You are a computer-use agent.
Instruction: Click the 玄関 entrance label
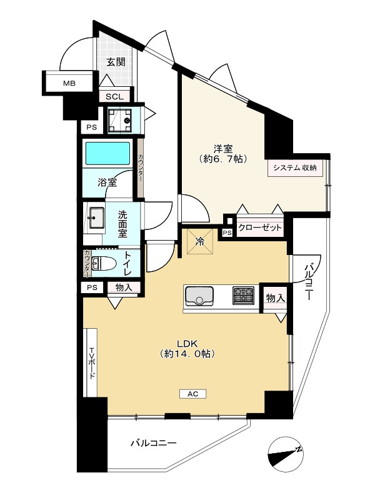point(116,62)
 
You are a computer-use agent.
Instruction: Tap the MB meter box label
point(69,84)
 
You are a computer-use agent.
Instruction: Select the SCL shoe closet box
point(114,97)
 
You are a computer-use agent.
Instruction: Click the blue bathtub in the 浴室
point(107,153)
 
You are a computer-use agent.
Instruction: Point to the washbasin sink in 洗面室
point(96,217)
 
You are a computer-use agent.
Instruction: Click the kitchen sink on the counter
point(199,296)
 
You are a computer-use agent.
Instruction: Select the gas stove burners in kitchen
point(244,295)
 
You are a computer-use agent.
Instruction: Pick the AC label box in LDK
point(193,394)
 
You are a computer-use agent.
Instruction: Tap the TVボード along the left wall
point(91,362)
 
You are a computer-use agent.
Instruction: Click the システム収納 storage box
point(295,167)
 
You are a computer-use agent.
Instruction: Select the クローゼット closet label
point(260,227)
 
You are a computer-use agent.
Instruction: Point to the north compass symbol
point(286,454)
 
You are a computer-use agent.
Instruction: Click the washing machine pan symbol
point(119,121)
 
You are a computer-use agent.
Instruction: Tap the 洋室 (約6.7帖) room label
point(223,154)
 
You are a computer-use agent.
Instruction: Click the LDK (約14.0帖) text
point(187,349)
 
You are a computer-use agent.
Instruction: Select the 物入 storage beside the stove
point(275,298)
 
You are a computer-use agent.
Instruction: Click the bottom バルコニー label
point(153,443)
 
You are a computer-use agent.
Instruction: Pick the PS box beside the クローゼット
point(227,233)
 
